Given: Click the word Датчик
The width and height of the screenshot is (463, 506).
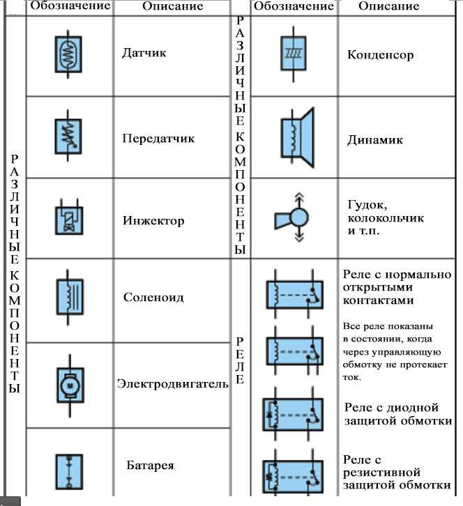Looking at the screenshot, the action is (144, 52).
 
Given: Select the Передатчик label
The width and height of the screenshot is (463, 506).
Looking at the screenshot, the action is (158, 139).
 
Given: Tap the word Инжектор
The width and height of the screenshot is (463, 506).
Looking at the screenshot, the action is (153, 221).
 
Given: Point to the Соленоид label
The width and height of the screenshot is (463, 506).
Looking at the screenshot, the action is (153, 297).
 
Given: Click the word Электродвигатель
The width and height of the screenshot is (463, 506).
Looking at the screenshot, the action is (172, 384).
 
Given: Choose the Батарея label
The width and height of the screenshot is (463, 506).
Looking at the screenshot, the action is (150, 466).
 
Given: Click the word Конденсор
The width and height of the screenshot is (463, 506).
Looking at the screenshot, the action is (380, 55).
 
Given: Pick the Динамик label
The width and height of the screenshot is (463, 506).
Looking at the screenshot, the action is (375, 140).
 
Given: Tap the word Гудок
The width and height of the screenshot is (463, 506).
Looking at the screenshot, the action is (367, 205).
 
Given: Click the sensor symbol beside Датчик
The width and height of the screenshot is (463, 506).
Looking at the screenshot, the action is (68, 54).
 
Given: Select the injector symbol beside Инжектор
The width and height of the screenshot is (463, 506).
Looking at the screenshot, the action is (69, 217).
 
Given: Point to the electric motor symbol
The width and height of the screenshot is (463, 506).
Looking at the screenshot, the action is (70, 385).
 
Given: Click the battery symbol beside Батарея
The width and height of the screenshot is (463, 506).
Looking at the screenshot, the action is (69, 472).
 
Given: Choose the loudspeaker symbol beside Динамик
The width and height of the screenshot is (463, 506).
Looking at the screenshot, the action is (297, 138).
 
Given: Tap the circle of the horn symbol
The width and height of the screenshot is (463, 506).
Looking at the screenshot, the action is (299, 218).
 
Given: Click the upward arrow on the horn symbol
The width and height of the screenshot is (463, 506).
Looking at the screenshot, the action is (299, 201).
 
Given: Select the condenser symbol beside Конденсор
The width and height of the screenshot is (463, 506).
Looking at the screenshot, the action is (294, 54).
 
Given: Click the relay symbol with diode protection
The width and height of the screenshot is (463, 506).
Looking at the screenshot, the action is (293, 415).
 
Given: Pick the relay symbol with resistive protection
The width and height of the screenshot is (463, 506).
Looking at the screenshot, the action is (293, 476).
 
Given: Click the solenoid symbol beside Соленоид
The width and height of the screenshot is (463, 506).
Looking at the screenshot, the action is (70, 297).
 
